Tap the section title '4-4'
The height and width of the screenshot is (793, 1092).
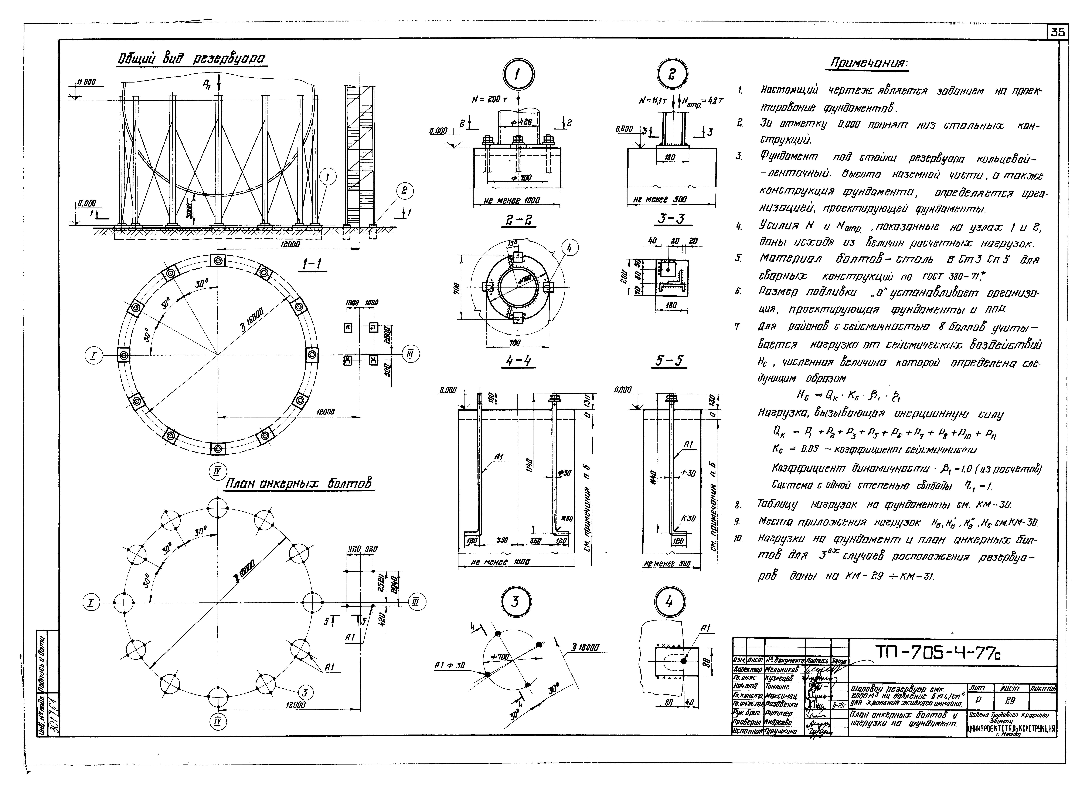[x=518, y=360]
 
